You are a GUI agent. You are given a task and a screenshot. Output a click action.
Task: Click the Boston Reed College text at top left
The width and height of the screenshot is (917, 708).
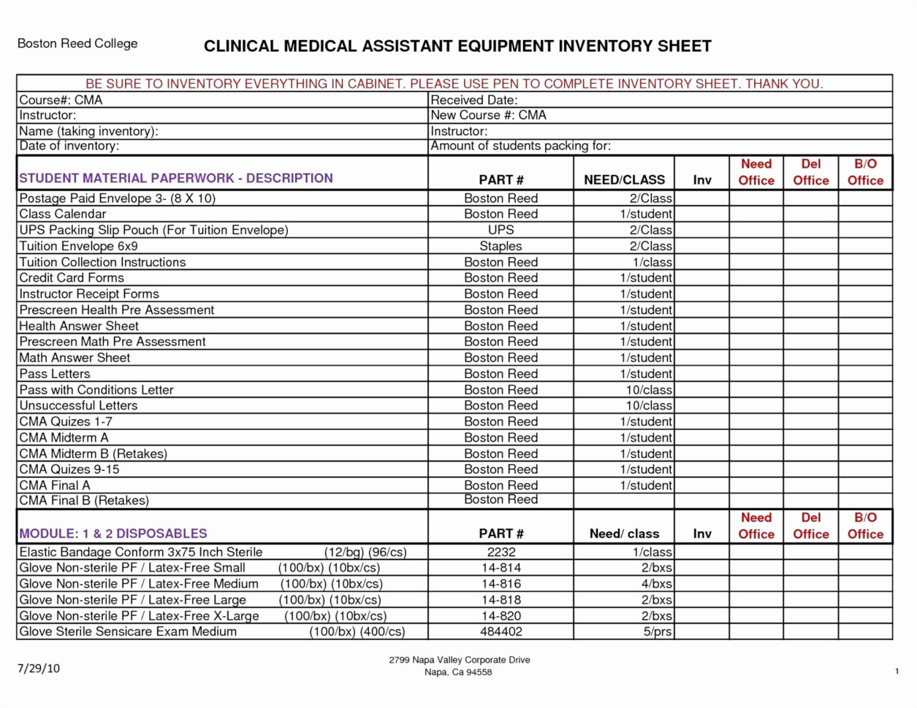point(77,44)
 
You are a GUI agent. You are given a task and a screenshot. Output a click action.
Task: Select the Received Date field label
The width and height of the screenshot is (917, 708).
point(473,100)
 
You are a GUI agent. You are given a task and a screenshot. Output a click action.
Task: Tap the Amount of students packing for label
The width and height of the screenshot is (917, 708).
point(520,146)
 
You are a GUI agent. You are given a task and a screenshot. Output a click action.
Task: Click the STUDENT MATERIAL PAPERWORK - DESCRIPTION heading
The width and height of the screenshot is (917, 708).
point(175,178)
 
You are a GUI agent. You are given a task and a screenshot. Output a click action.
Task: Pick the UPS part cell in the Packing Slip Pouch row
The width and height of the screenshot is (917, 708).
point(501,230)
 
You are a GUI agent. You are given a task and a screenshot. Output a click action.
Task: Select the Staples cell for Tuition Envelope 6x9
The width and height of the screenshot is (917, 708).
point(501,246)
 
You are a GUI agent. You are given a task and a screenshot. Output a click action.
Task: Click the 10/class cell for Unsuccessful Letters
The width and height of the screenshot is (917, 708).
point(648,406)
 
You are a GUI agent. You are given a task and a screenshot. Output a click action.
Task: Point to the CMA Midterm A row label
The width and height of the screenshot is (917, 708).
point(64,438)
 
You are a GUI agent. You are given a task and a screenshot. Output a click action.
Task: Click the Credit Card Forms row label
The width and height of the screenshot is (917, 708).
point(72,278)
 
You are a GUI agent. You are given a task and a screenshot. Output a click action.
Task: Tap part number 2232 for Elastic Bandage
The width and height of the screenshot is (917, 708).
point(501,553)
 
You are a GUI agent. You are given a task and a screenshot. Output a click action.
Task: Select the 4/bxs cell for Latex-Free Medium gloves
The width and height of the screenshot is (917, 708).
point(656,584)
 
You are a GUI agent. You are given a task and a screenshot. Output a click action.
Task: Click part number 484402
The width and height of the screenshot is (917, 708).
point(501,631)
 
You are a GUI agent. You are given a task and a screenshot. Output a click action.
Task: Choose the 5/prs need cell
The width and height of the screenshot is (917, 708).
point(658,631)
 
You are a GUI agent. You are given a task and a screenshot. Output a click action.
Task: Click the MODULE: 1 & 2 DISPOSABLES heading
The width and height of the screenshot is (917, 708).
point(113,534)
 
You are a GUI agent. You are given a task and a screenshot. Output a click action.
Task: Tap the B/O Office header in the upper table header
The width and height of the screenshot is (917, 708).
point(865,172)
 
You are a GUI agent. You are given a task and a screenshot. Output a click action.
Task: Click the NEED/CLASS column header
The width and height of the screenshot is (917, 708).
point(624,180)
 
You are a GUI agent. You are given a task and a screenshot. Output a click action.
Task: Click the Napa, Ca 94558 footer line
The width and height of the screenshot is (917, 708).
point(458,672)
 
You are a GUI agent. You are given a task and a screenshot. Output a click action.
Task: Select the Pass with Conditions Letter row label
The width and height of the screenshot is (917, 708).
point(96,390)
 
